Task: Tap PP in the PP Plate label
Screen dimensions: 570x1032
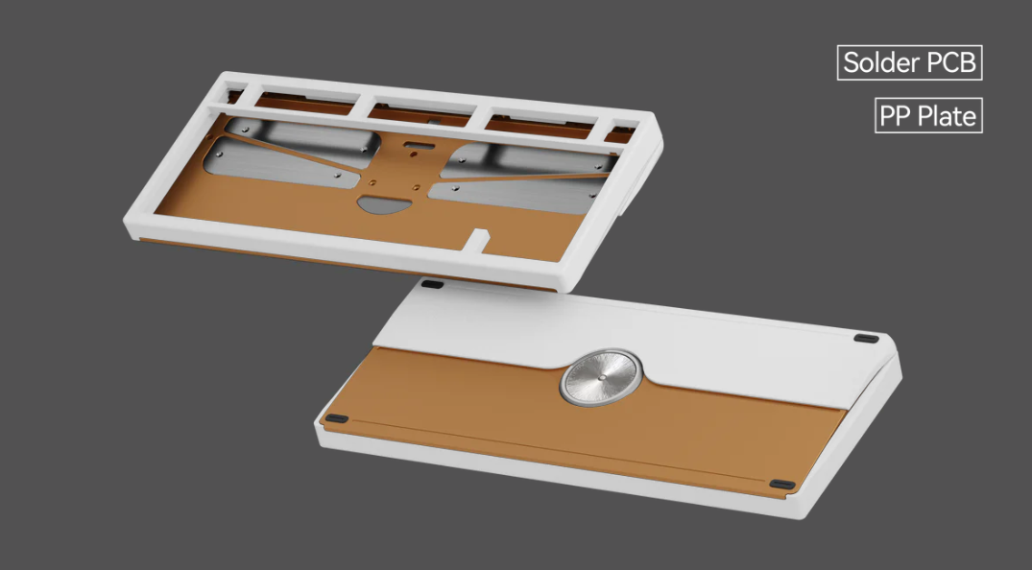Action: click(x=896, y=116)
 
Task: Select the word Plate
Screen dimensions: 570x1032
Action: click(x=946, y=116)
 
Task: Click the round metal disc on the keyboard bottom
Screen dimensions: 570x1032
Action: click(x=601, y=377)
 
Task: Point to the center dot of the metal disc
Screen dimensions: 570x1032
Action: click(x=601, y=378)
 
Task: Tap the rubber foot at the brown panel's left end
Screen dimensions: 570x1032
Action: click(x=335, y=418)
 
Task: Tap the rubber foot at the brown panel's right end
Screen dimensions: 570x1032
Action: click(x=782, y=485)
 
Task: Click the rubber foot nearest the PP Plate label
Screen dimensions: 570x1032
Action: click(x=867, y=337)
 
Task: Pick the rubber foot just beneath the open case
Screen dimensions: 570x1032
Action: click(x=433, y=284)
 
